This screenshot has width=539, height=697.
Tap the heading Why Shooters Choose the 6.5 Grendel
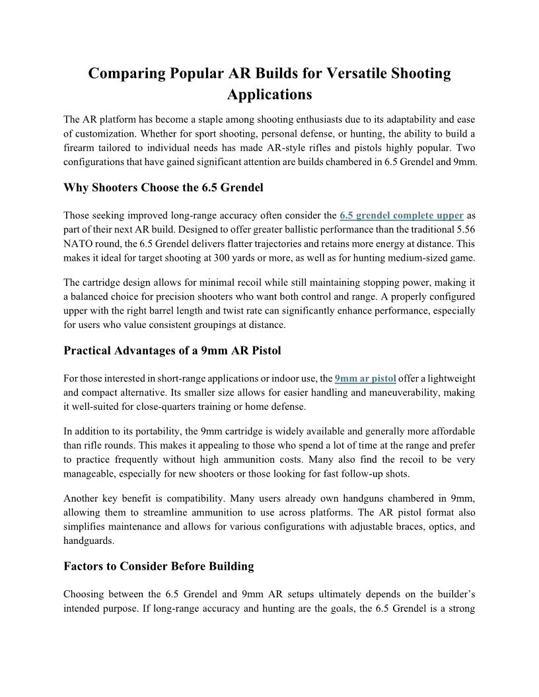pyautogui.click(x=163, y=187)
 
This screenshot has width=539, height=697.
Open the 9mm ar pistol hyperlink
pyautogui.click(x=365, y=378)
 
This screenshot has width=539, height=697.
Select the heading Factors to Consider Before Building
pyautogui.click(x=159, y=566)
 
